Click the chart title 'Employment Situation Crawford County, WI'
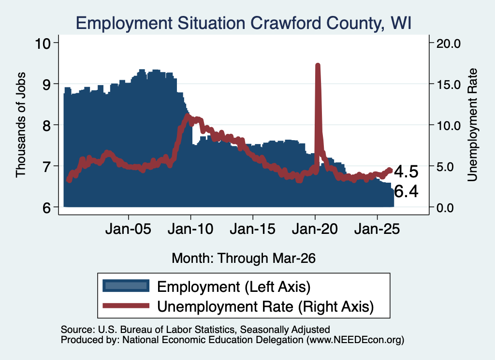244,23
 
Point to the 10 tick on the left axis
43,43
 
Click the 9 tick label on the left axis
46,84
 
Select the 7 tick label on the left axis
46,166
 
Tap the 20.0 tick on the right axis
449,43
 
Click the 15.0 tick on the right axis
449,85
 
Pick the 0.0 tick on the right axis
445,208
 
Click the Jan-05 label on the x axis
129,229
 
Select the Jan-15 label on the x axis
252,229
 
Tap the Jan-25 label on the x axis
377,229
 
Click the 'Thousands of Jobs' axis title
20,125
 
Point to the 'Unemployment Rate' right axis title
472,125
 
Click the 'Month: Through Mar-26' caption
244,258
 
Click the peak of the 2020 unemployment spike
318,66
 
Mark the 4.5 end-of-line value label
406,172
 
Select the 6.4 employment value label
406,191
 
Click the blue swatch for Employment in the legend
126,286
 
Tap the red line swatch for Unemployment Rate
126,305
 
